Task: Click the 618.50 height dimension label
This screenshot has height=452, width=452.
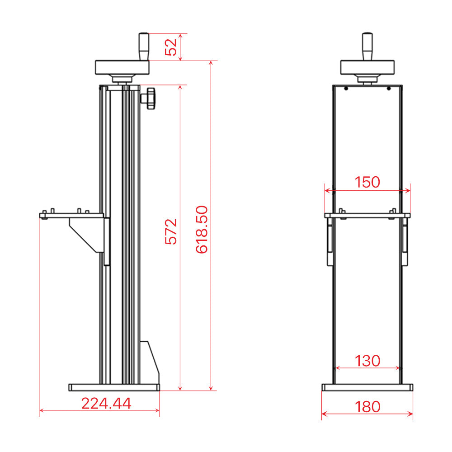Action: coord(202,230)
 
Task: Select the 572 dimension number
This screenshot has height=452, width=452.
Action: coord(171,232)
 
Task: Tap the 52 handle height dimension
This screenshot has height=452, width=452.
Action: coord(171,47)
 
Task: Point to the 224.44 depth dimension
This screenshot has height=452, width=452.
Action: coord(106,403)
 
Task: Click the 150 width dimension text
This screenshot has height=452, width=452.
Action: coord(367,182)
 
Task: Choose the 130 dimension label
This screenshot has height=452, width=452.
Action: coord(367,361)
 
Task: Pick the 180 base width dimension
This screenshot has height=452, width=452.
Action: coord(367,407)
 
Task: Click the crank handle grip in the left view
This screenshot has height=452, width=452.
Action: coord(144,47)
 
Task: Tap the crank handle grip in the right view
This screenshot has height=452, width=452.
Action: coord(367,47)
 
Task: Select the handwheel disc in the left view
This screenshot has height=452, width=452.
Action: coord(122,67)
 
